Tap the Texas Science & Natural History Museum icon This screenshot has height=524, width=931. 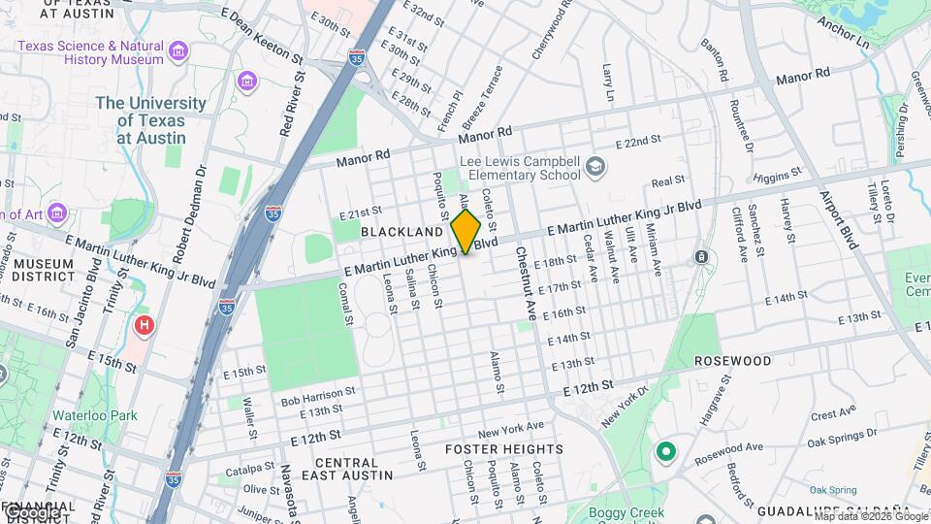point(178,50)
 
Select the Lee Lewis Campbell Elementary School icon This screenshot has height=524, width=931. point(594,171)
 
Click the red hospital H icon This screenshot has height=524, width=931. point(144,325)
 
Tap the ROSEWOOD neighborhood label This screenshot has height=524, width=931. point(733,361)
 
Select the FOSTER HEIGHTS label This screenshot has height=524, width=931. point(503,449)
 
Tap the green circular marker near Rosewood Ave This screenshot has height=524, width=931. point(665,452)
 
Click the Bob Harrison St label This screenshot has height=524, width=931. point(311,396)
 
